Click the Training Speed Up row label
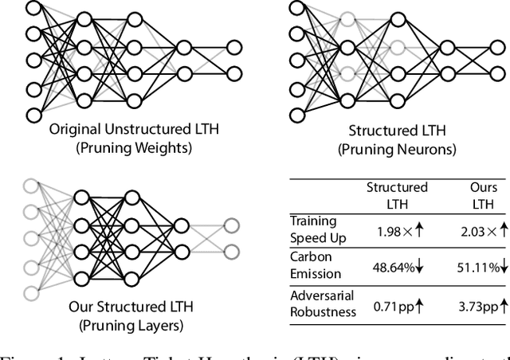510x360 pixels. [x=312, y=228]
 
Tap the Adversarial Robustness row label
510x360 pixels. [x=323, y=303]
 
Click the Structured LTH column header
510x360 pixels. [x=397, y=196]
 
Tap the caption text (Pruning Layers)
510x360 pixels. [x=131, y=324]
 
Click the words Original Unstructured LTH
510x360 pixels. [x=135, y=128]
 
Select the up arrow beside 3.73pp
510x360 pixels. [x=503, y=303]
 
